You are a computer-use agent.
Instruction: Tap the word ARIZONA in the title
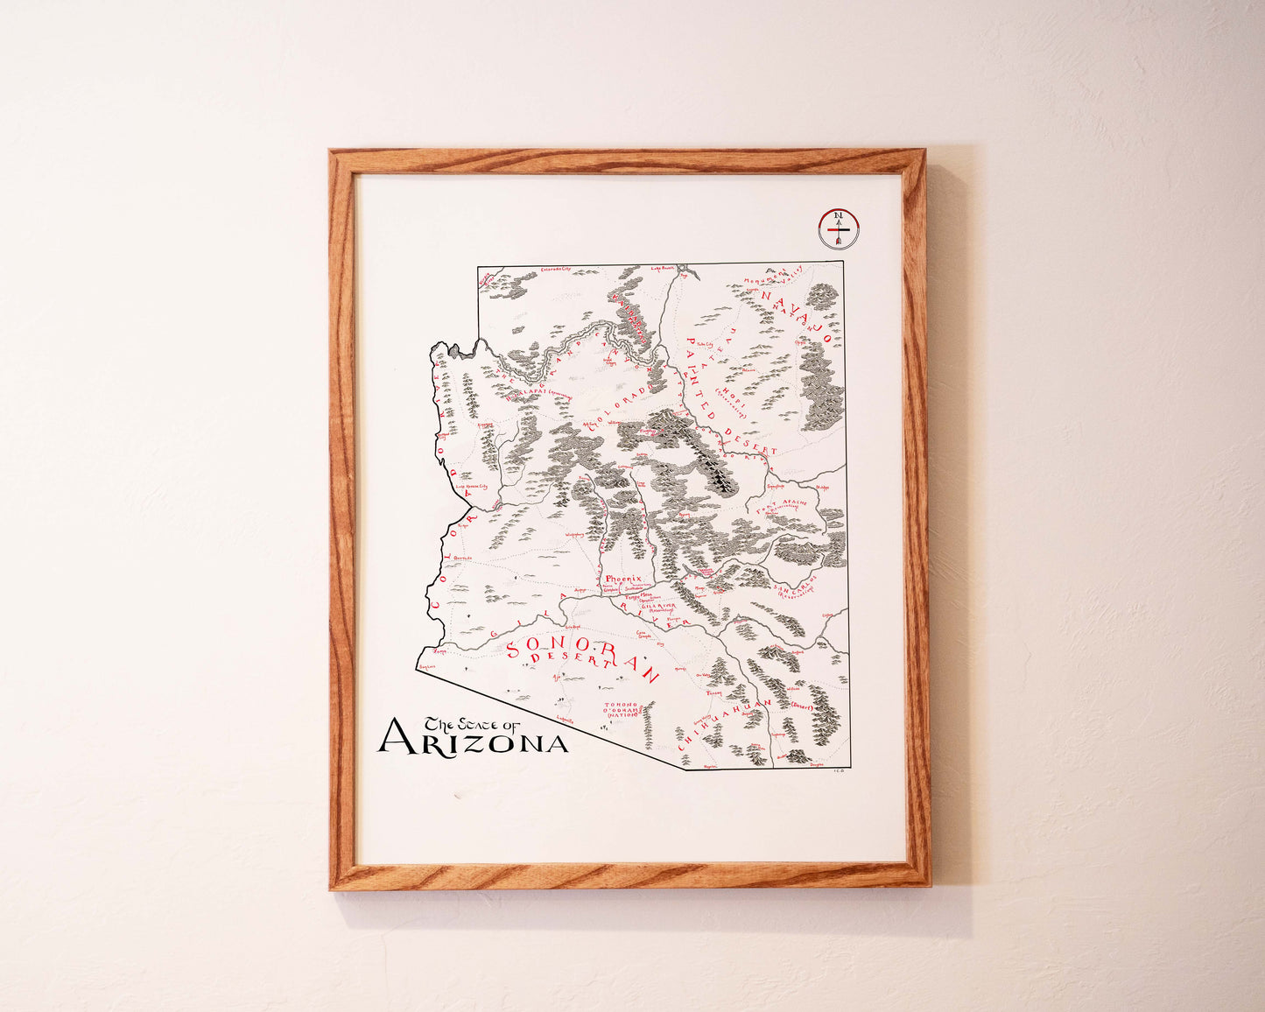pos(473,740)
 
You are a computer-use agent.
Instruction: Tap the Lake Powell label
pos(664,269)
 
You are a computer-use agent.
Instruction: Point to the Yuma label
pos(440,651)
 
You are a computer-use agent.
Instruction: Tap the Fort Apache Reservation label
pos(783,509)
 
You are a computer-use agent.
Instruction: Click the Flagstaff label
pos(649,431)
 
